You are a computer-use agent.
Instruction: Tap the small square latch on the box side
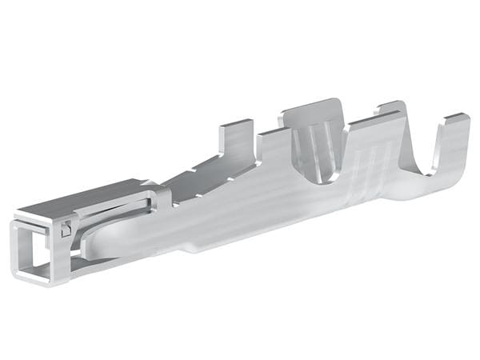click(66, 229)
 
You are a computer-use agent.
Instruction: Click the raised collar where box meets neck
click(160, 196)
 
